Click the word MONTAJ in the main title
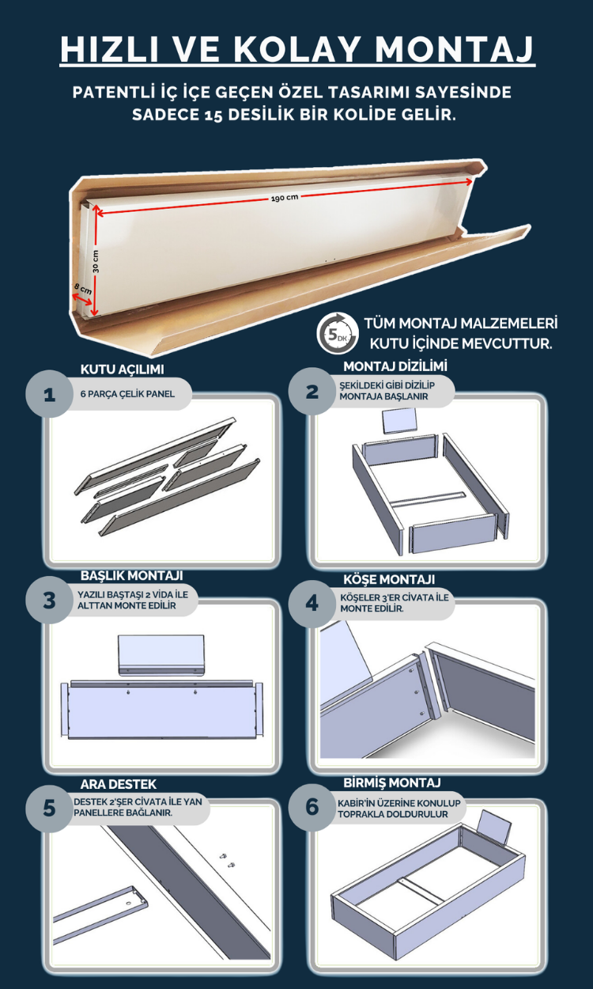455,48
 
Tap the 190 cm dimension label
285,197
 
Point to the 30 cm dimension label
96,261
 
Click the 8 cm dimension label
83,289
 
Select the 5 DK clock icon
338,333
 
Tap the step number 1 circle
49,394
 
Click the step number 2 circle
312,391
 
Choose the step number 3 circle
49,600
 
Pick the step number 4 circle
312,603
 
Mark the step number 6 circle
312,807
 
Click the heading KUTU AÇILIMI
123,369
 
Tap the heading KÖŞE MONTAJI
389,579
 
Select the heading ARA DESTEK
119,784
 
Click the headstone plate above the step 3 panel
161,655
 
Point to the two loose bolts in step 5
229,861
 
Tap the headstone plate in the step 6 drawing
495,826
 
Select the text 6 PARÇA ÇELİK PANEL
127,394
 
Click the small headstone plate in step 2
400,421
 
